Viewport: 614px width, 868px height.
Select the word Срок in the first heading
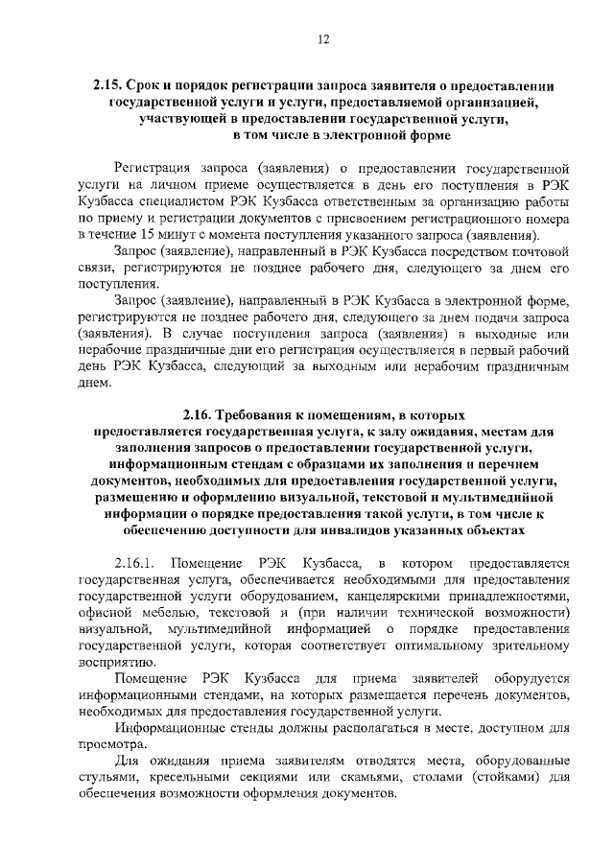point(155,85)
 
